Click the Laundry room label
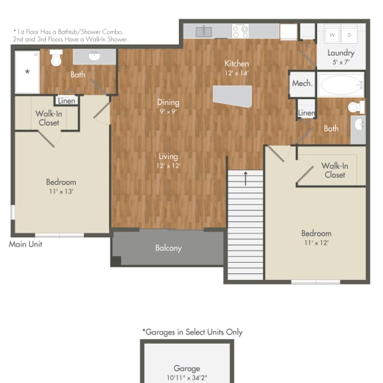tap(340, 53)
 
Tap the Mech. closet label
tap(302, 84)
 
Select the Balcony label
tap(168, 248)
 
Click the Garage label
tap(186, 368)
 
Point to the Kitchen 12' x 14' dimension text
tap(236, 73)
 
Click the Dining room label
tap(168, 102)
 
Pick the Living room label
tap(168, 156)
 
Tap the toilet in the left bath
tap(57, 59)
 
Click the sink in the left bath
tap(94, 57)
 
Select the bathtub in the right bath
tap(340, 85)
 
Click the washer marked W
tap(332, 34)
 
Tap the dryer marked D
tap(350, 34)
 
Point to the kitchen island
tap(232, 96)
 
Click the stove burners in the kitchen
tap(240, 31)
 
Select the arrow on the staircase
tap(246, 178)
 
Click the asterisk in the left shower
tap(27, 70)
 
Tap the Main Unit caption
tap(26, 244)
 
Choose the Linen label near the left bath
tap(66, 101)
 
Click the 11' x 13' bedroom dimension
tap(61, 192)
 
